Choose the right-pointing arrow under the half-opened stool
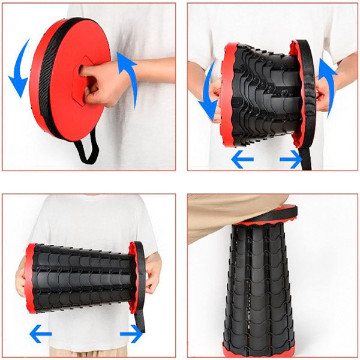click(291, 159)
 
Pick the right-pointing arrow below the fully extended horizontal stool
click(131, 334)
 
